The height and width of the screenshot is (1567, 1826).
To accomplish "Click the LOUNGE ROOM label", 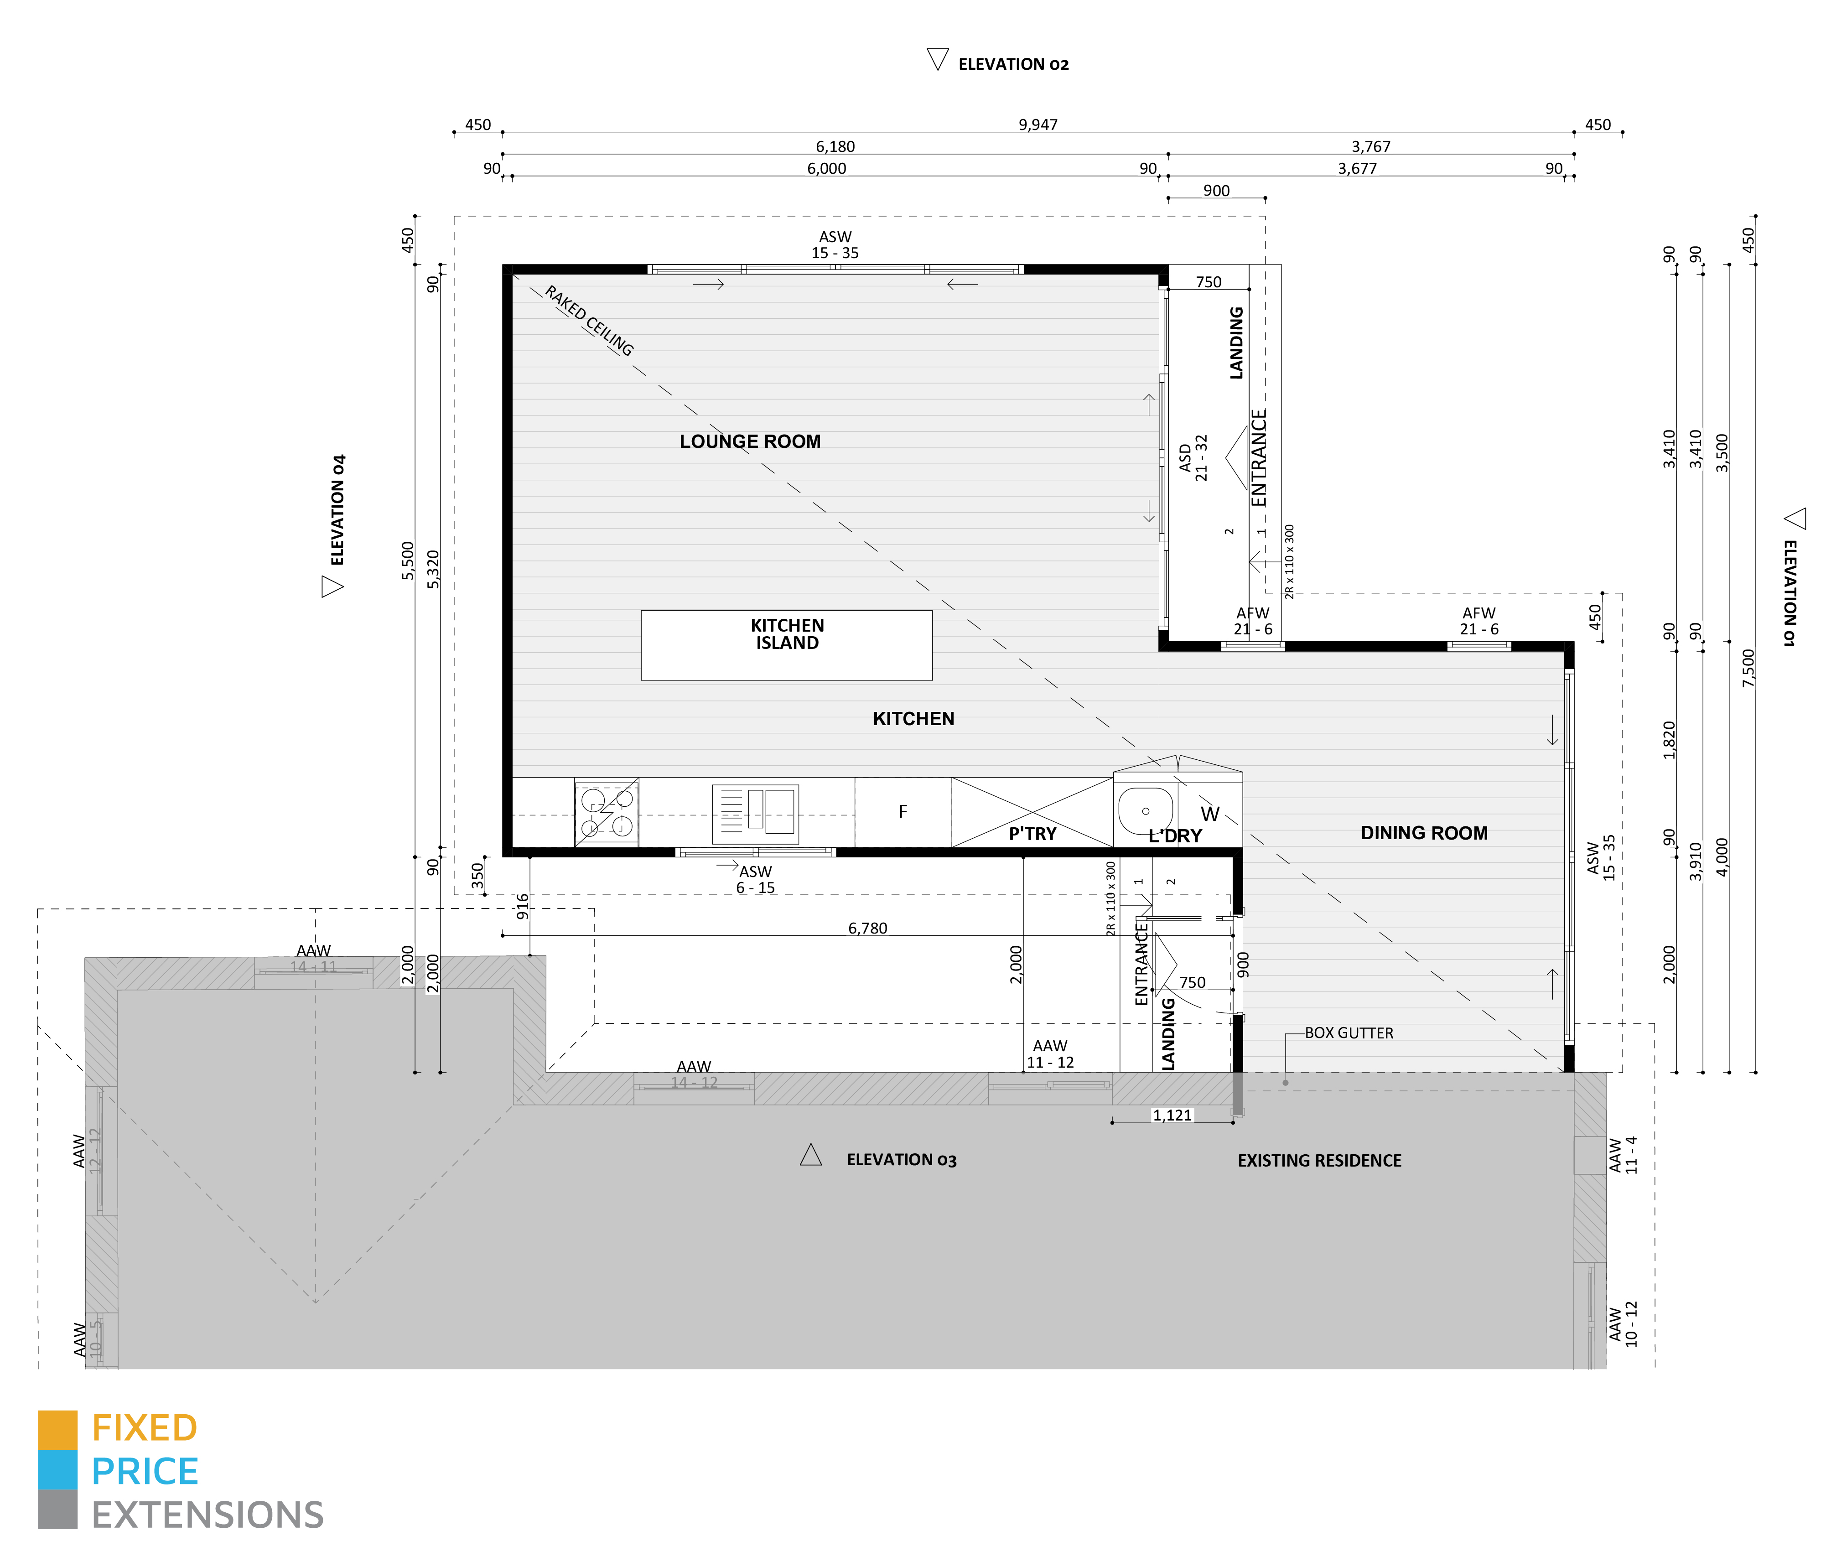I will (750, 441).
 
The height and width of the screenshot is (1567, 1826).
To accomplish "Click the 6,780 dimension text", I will (867, 928).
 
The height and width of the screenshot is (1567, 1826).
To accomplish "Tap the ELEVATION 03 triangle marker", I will (811, 1156).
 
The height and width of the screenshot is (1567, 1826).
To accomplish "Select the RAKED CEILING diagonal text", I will (589, 321).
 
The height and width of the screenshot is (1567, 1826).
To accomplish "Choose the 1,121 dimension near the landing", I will (1172, 1115).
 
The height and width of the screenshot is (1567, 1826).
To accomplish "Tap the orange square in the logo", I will (57, 1430).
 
